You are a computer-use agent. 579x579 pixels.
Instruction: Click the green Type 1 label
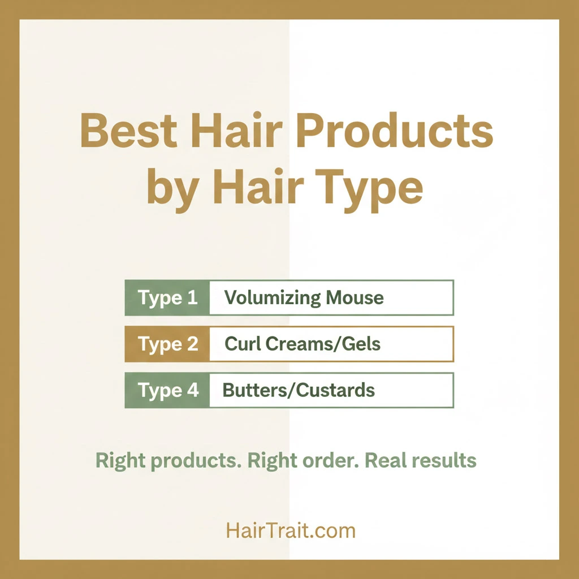pos(167,297)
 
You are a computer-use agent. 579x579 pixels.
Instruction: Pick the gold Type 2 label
pos(167,344)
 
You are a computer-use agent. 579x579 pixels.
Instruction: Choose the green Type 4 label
pos(167,390)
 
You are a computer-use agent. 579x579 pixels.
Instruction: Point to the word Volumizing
pos(265,298)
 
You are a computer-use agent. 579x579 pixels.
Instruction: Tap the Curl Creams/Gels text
pos(303,344)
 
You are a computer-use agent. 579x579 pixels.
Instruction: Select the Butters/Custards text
pos(299,390)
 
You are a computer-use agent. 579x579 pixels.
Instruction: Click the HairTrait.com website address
pos(291,530)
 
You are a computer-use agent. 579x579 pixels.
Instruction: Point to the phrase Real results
pos(421,460)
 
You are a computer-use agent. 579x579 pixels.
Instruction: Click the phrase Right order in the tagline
pos(301,460)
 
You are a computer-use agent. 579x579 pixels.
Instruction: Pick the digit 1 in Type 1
pos(192,297)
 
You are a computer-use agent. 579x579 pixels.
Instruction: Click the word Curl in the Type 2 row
pos(240,344)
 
